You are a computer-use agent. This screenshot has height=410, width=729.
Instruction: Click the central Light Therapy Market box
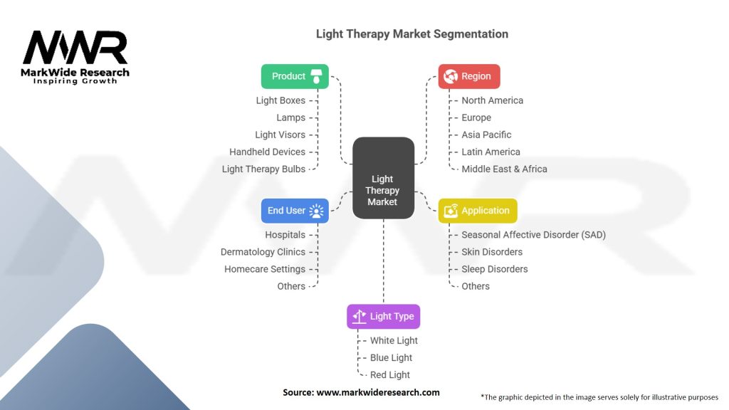pyautogui.click(x=383, y=177)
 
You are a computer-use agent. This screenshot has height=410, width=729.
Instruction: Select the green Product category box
pyautogui.click(x=295, y=76)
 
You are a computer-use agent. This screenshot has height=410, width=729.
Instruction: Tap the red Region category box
pyautogui.click(x=468, y=76)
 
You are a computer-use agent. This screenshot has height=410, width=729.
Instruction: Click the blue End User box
pyautogui.click(x=295, y=211)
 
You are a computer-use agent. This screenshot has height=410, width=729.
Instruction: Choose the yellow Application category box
pyautogui.click(x=477, y=211)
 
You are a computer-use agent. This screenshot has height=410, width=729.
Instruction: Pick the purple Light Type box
pyautogui.click(x=384, y=316)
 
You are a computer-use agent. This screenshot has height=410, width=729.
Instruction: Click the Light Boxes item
pyautogui.click(x=280, y=100)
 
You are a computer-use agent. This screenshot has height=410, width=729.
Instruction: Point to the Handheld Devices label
pyautogui.click(x=267, y=152)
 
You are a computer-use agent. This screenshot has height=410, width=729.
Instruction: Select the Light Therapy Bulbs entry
pyautogui.click(x=263, y=169)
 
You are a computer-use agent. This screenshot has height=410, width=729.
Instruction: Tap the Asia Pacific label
pyautogui.click(x=486, y=135)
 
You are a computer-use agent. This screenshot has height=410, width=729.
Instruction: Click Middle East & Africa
pyautogui.click(x=504, y=169)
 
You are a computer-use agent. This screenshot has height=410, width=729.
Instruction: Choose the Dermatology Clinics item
pyautogui.click(x=263, y=252)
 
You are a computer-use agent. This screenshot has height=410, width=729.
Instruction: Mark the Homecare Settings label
pyautogui.click(x=265, y=269)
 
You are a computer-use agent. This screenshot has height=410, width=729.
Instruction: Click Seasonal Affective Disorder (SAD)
pyautogui.click(x=533, y=235)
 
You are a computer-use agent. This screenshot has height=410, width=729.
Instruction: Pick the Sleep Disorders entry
pyautogui.click(x=495, y=269)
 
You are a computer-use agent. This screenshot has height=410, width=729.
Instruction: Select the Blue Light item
pyautogui.click(x=391, y=358)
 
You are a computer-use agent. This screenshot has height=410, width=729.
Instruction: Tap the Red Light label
pyautogui.click(x=390, y=375)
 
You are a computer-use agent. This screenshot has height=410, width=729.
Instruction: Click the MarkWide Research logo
pyautogui.click(x=75, y=58)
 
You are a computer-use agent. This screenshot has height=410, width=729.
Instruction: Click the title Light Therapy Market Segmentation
pyautogui.click(x=412, y=34)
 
